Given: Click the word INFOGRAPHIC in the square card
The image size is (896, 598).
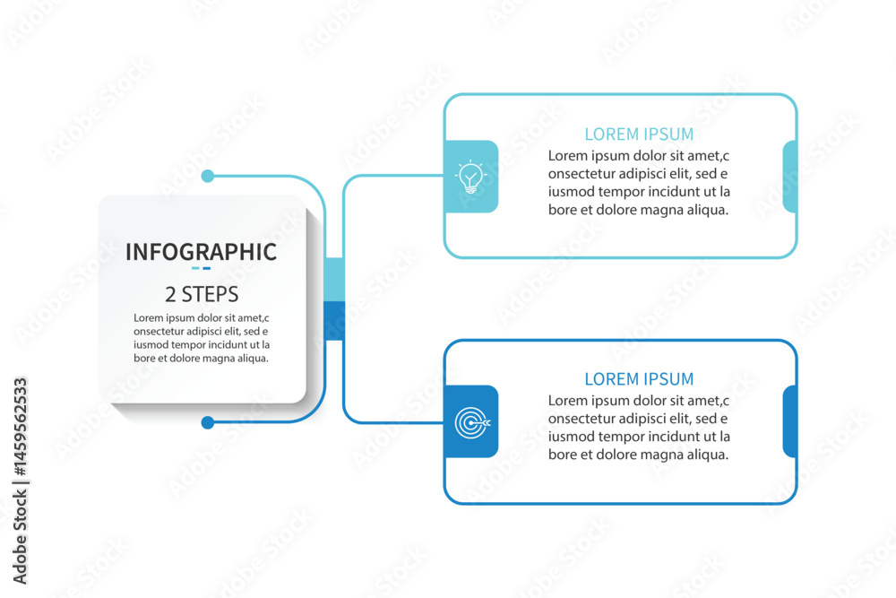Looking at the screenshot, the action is point(201,252).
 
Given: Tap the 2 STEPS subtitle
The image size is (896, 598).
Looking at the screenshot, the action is point(202,294).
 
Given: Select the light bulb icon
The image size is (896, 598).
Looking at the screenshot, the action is point(471,177).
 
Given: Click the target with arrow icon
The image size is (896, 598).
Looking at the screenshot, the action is point(472,423).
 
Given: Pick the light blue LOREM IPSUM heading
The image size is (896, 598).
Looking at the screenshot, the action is point(639,134).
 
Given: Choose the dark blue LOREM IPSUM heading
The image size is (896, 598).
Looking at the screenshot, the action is point(639,379).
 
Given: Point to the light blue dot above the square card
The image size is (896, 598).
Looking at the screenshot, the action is point(208,176).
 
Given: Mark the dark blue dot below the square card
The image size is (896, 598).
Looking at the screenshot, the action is point(208,422).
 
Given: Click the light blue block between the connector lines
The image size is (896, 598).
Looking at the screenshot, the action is point(334,280).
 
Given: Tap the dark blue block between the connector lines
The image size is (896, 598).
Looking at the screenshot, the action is point(334,321).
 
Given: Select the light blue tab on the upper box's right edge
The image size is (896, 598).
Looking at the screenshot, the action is point(789,177).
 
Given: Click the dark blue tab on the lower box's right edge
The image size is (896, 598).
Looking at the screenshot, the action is point(789,422).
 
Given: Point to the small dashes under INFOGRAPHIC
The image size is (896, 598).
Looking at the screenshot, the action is point(201,268).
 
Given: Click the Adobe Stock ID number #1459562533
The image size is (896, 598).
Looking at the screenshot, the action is point(21,427).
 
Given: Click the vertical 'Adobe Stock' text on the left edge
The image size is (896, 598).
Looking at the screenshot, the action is point(21,538).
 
